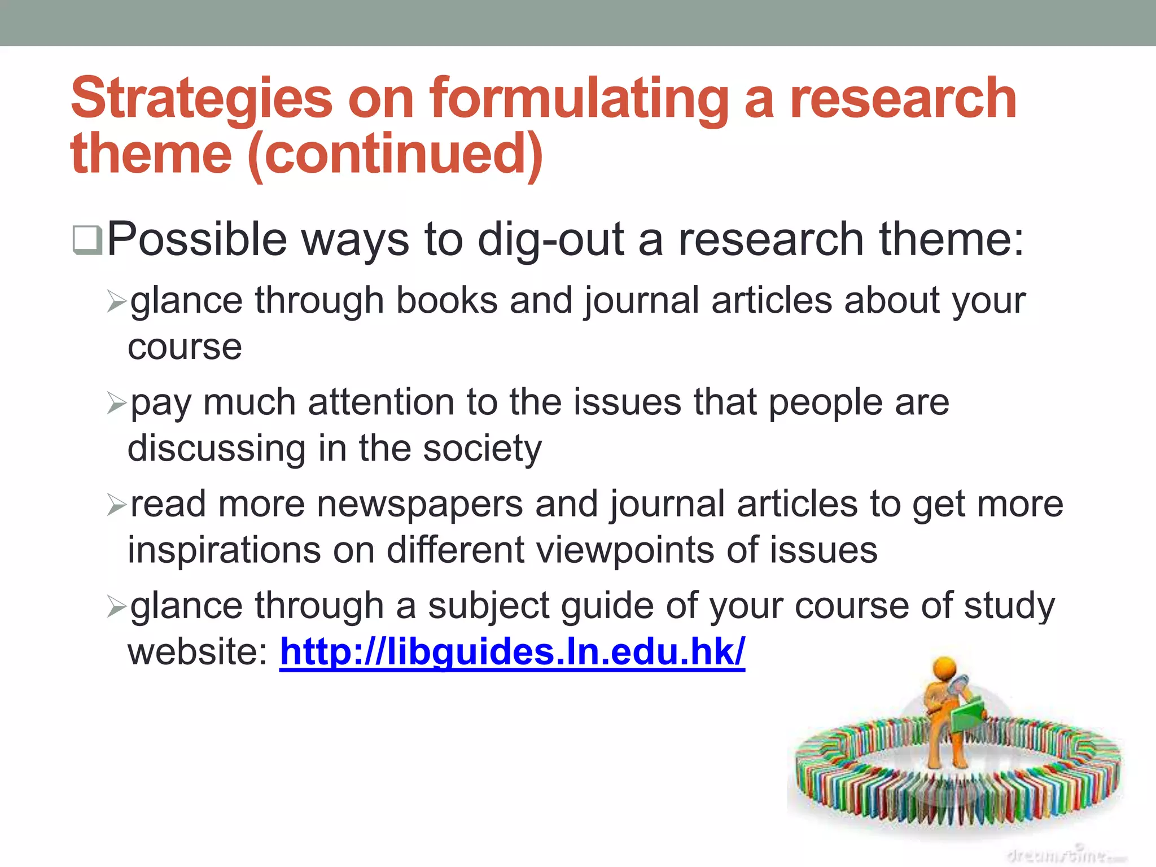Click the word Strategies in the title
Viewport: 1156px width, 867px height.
click(x=202, y=100)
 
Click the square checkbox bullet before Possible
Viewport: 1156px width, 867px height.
click(x=87, y=240)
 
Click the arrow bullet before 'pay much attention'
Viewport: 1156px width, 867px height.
click(x=116, y=404)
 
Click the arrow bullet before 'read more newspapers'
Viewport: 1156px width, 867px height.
click(x=116, y=505)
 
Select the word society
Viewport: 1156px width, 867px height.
click(x=482, y=449)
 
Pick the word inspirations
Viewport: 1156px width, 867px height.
click(x=224, y=550)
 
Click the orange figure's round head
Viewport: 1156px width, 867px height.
click(x=944, y=668)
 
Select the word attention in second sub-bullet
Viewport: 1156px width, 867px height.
click(x=381, y=403)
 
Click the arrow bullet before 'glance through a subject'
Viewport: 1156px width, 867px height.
click(x=116, y=607)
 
